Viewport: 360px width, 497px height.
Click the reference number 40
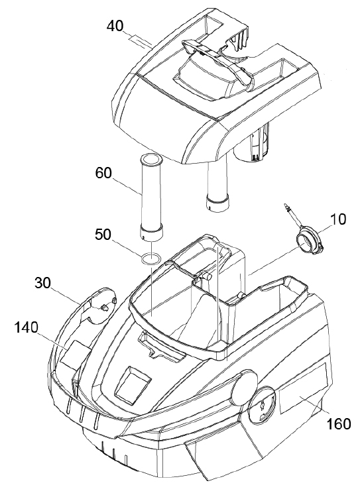coord(115,26)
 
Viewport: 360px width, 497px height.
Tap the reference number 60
coord(103,174)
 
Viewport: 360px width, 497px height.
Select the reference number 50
coord(103,235)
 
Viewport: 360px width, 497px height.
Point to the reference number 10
coord(338,219)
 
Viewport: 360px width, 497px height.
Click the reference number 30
coord(43,283)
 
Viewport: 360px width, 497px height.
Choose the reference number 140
coord(26,327)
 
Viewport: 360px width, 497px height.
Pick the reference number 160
coord(338,424)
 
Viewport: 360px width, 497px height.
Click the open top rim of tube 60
coord(151,160)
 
